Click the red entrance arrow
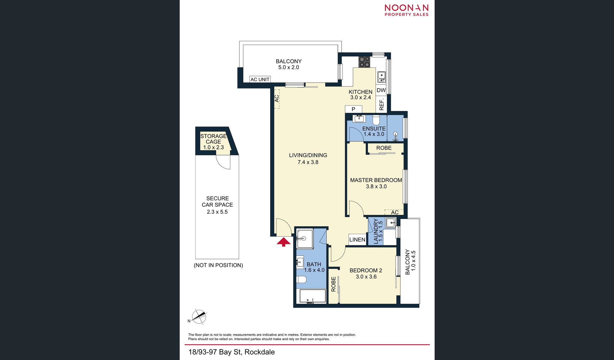point(284,242)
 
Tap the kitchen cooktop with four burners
point(364,62)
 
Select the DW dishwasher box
point(381,90)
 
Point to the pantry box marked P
point(354,109)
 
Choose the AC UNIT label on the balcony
point(260,79)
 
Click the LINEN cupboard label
point(357,240)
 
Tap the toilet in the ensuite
point(376,120)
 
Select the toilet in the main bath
point(301,279)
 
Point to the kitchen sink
point(381,77)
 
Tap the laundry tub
point(390,223)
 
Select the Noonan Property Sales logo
point(407,10)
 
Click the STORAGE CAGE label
point(213,139)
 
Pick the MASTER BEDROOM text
point(376,180)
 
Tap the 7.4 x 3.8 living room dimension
point(308,162)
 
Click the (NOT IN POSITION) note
point(218,265)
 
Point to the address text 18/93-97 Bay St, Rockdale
point(231,352)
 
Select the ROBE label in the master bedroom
point(384,148)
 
